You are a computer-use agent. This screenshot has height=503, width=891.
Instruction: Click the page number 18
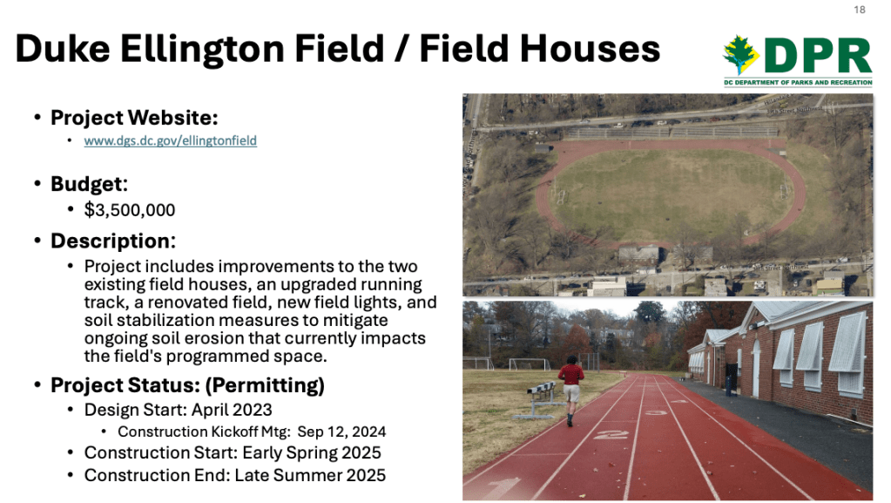point(859,10)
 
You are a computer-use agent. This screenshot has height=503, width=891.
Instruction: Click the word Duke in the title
point(63,48)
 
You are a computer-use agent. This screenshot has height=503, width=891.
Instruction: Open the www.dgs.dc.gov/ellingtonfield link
point(171,140)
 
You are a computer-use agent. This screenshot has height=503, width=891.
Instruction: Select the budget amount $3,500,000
point(130,210)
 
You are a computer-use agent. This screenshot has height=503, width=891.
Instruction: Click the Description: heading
point(113,241)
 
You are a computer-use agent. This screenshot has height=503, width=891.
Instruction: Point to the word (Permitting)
point(265,385)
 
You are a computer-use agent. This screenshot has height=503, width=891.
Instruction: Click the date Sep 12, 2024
point(341,432)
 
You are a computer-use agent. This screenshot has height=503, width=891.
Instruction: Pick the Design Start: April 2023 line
point(178,410)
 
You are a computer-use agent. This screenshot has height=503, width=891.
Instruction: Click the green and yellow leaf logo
point(740,55)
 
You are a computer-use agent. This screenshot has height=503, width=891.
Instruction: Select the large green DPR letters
point(818,56)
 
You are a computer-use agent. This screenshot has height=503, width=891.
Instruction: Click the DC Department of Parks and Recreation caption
point(798,83)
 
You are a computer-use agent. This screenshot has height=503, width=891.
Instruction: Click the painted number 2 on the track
point(611,435)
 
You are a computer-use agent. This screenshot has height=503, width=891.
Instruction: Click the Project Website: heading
point(134,118)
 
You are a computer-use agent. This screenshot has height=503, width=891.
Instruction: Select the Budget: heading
point(89,184)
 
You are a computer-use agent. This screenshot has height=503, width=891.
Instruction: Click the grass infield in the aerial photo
point(671,194)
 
